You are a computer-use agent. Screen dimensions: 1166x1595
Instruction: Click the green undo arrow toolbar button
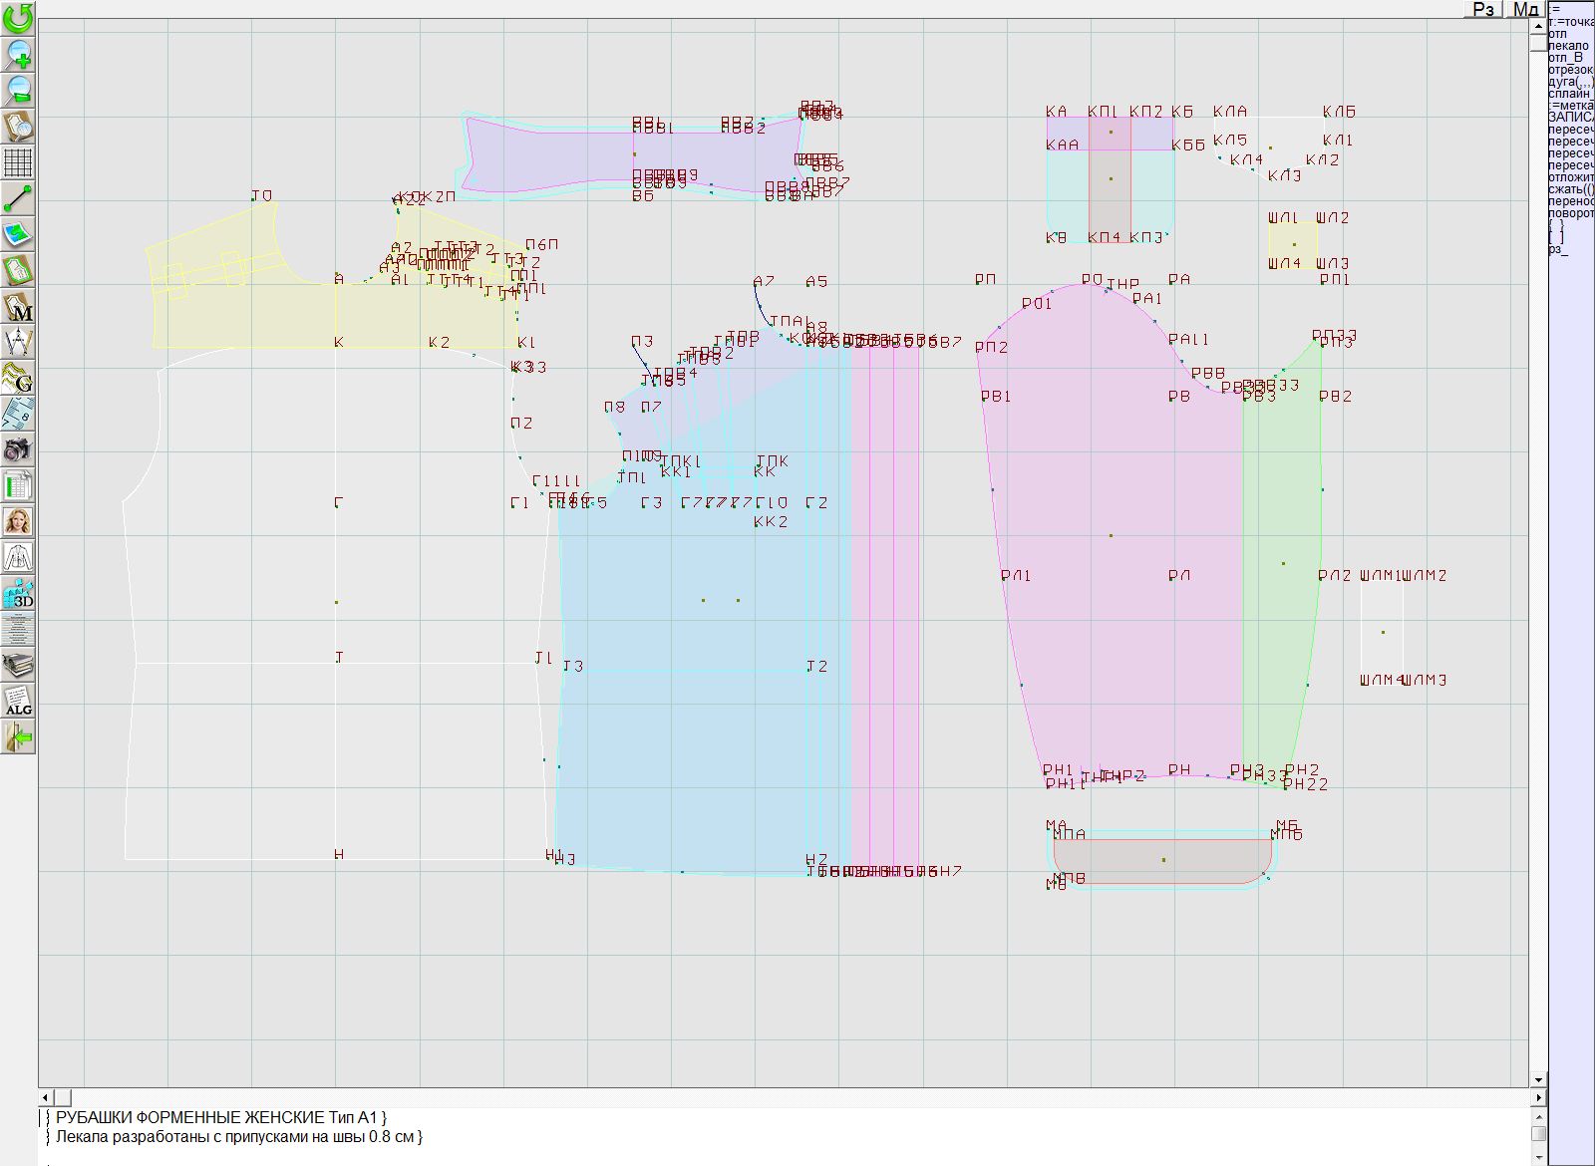[18, 18]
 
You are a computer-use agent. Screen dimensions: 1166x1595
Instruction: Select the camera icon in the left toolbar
[18, 449]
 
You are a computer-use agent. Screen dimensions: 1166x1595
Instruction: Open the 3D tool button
[18, 593]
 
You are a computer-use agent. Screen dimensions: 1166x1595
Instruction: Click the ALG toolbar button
[18, 701]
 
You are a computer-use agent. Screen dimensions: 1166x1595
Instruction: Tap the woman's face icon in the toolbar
[18, 521]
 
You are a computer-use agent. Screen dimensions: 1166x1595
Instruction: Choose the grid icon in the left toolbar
[18, 162]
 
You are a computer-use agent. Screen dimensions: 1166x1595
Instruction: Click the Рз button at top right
[1483, 9]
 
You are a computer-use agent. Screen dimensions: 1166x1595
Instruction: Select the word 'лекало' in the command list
[1568, 46]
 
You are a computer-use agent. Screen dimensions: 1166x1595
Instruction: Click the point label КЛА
[1230, 112]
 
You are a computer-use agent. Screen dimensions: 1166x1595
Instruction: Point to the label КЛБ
[1339, 112]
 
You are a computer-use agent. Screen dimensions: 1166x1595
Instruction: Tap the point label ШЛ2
[1332, 218]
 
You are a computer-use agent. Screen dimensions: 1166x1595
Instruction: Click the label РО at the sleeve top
[1092, 280]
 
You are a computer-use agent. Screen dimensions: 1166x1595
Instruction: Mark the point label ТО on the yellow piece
[261, 196]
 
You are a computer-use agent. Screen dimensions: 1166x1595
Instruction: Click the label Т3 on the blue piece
[573, 667]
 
